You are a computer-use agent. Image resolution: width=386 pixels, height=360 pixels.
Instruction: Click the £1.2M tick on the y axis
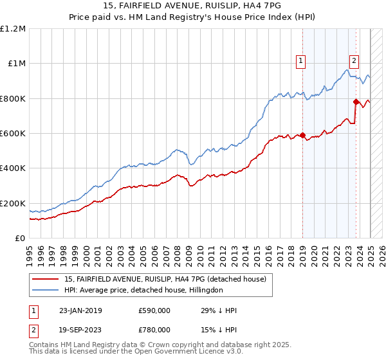tap(13, 28)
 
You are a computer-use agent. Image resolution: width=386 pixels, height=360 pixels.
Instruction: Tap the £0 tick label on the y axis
tap(20, 238)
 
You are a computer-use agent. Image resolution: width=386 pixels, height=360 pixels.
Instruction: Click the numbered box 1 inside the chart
tap(300, 61)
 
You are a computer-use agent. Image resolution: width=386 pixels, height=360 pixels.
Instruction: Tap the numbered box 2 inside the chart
tap(354, 61)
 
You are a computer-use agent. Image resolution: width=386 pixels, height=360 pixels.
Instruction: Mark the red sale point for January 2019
tap(302, 135)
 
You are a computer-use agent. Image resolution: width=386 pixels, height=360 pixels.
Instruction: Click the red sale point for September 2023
tap(356, 102)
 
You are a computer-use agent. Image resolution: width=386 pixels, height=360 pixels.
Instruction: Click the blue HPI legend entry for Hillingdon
tap(143, 290)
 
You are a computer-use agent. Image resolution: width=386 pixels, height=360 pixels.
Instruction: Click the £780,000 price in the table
tap(155, 330)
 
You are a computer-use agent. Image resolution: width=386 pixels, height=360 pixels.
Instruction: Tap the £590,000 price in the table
tap(155, 310)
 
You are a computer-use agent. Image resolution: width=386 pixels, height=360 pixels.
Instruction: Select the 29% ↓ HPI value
tap(219, 310)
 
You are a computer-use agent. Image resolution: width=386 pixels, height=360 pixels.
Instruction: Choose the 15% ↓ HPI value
tap(219, 330)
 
